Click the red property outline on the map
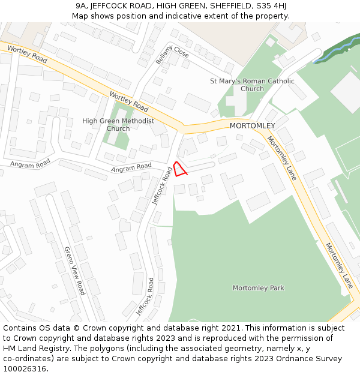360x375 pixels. click(180, 168)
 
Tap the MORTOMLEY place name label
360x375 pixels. click(252, 125)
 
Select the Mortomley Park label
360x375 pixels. click(258, 288)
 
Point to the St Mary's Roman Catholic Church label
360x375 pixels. click(252, 85)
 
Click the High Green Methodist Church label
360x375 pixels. click(118, 125)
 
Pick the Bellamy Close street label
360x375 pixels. click(172, 55)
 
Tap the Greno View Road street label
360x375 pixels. click(75, 271)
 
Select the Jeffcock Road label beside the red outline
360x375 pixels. click(162, 186)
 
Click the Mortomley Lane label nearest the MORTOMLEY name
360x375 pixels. click(281, 158)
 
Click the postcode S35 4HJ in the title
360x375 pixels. click(271, 6)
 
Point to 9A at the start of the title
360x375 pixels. click(82, 6)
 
